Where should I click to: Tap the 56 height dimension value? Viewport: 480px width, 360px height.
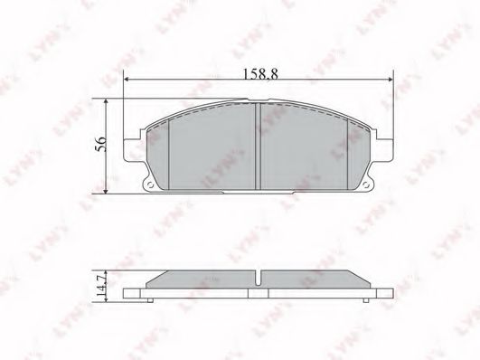pos(102,144)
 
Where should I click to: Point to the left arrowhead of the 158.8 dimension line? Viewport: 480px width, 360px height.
pos(128,82)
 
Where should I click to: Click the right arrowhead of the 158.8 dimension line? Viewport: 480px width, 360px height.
pos(392,82)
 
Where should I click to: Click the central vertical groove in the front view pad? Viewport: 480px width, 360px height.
pos(259,145)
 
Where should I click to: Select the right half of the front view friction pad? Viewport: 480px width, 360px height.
pos(307,149)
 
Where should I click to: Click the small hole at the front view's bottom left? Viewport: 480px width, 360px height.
pos(149,188)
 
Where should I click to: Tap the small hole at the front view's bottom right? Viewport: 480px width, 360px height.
pos(370,188)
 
